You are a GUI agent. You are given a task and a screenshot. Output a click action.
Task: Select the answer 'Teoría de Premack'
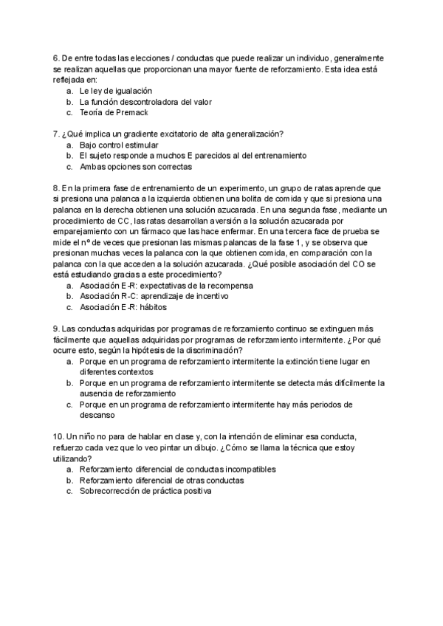coord(114,113)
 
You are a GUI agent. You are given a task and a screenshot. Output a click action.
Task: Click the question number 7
coord(56,134)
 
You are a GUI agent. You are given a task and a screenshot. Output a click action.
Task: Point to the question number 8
coord(56,188)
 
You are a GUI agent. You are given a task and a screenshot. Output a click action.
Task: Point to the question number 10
coord(58,436)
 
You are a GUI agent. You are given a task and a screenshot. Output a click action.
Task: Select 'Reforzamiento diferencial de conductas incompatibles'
coord(177,469)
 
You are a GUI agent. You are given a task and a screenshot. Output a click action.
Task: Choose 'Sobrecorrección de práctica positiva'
coord(145,491)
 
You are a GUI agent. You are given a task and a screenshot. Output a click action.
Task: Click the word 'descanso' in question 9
coord(97,415)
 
